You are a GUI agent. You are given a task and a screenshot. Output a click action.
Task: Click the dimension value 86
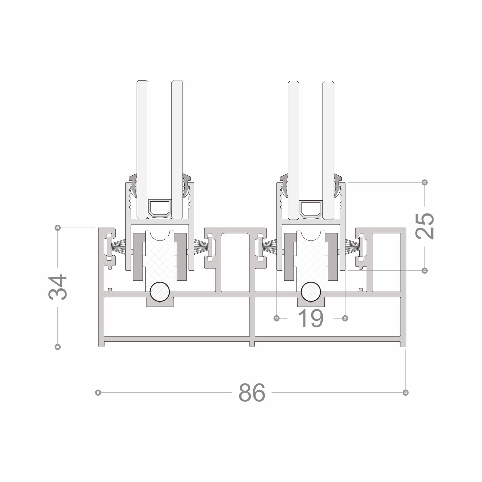(x=252, y=392)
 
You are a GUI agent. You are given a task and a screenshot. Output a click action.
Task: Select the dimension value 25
(x=425, y=226)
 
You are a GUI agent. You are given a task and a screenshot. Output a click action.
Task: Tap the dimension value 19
(x=311, y=319)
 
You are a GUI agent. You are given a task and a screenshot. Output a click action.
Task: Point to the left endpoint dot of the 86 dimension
(x=98, y=392)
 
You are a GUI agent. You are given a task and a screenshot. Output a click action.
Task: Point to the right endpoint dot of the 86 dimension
(x=406, y=392)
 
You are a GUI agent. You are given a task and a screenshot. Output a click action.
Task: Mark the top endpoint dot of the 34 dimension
(x=58, y=228)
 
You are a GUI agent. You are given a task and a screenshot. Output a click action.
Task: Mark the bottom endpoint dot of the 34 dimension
(x=58, y=347)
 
